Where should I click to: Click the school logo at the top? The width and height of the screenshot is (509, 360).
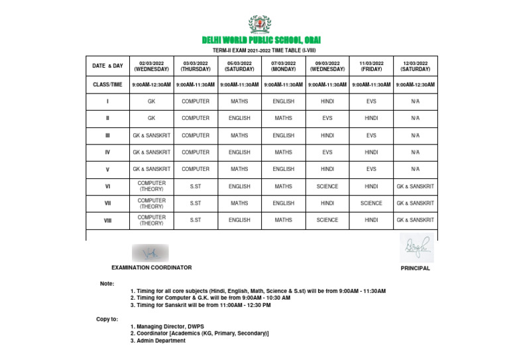pyautogui.click(x=259, y=25)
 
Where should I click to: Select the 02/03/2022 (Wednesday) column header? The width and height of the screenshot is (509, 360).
pyautogui.click(x=151, y=66)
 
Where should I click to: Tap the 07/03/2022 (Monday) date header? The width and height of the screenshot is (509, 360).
pyautogui.click(x=283, y=66)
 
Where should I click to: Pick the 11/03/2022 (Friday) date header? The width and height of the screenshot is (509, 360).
pyautogui.click(x=371, y=66)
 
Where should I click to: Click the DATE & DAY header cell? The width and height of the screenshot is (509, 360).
pyautogui.click(x=107, y=66)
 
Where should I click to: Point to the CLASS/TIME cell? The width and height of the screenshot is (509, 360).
pyautogui.click(x=107, y=85)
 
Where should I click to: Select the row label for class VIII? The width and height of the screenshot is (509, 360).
pyautogui.click(x=107, y=220)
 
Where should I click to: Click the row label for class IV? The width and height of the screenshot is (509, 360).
pyautogui.click(x=107, y=152)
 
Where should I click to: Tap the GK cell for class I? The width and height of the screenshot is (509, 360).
pyautogui.click(x=151, y=101)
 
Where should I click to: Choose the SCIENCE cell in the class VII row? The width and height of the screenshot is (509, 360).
pyautogui.click(x=371, y=204)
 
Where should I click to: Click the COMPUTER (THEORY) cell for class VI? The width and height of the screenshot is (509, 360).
pyautogui.click(x=151, y=186)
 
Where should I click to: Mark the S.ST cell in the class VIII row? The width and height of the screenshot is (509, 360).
pyautogui.click(x=196, y=220)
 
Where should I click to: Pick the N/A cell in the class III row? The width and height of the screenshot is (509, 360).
pyautogui.click(x=415, y=135)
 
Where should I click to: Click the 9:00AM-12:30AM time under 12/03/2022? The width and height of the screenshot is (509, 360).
pyautogui.click(x=415, y=85)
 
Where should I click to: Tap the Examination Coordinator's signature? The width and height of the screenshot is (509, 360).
pyautogui.click(x=150, y=253)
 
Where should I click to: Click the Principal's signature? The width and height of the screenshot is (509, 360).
pyautogui.click(x=416, y=248)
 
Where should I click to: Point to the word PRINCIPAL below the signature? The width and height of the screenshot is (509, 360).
pyautogui.click(x=416, y=269)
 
